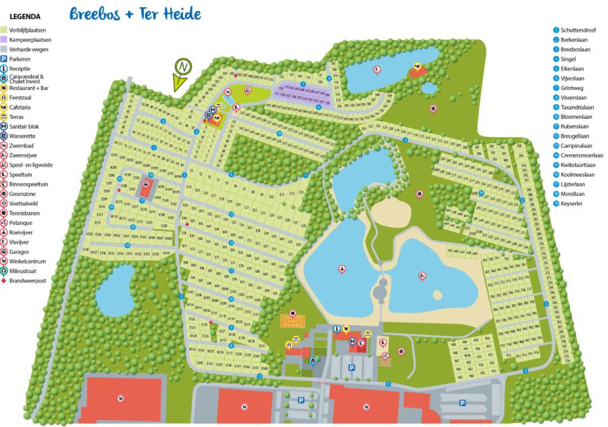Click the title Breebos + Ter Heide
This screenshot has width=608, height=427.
(135, 14)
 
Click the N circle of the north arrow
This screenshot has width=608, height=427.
(182, 66)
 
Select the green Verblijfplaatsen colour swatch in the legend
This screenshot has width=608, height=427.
(4, 30)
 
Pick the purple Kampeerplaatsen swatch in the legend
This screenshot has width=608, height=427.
(4, 40)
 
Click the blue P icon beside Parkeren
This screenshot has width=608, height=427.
(4, 59)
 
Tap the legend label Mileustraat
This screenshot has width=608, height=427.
(25, 271)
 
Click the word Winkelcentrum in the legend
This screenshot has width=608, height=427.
(28, 261)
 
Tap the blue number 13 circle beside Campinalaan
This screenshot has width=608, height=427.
(556, 145)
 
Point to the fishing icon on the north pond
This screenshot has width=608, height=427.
(376, 70)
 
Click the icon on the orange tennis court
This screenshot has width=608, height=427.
(293, 313)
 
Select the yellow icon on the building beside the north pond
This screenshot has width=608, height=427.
(417, 66)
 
